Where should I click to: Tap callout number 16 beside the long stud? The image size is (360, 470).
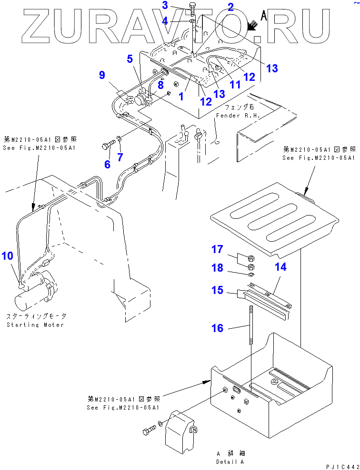point(217,328)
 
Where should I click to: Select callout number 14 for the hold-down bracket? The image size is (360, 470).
point(281,267)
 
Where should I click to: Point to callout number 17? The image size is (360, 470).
point(217,249)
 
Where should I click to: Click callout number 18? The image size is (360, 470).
point(217,268)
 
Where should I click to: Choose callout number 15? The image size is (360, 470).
point(217,290)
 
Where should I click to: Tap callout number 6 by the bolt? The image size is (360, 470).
point(108,164)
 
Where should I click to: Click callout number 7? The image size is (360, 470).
point(120,157)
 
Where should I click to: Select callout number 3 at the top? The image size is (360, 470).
point(165,5)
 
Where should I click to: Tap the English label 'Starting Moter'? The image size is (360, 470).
point(35,324)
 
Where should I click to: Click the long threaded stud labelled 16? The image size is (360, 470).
point(250,328)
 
